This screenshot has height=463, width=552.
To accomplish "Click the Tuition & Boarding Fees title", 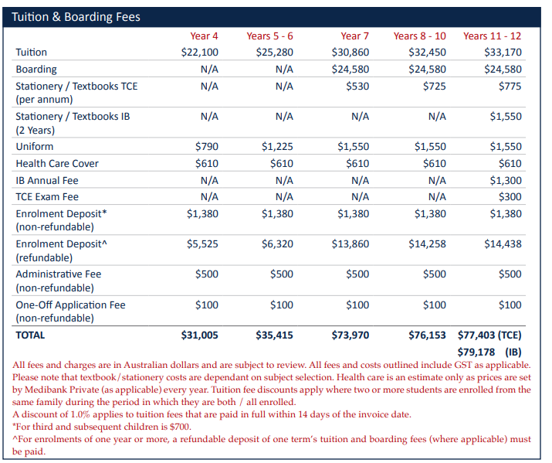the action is click(x=76, y=17).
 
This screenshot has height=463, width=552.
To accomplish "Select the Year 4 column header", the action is click(x=204, y=36).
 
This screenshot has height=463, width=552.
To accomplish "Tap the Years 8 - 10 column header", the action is click(x=420, y=36).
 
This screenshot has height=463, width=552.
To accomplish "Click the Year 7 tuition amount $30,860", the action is click(x=351, y=52).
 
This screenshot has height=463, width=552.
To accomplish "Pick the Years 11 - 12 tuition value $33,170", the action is click(x=503, y=52).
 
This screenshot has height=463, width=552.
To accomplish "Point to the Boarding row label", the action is click(x=36, y=70).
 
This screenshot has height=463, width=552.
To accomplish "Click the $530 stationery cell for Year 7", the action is click(x=357, y=87).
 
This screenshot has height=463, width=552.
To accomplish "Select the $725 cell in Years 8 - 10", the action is click(x=435, y=87).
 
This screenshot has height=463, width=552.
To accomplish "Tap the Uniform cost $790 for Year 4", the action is click(x=207, y=147).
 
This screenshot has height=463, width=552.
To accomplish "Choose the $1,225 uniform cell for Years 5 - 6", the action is click(x=277, y=147).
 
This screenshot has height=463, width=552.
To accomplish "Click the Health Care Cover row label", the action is click(x=57, y=164).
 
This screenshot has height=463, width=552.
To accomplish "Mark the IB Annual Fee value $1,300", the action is click(x=506, y=180).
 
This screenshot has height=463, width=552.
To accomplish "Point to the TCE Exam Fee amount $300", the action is click(x=510, y=196).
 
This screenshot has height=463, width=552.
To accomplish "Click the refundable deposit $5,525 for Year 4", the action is click(x=202, y=243).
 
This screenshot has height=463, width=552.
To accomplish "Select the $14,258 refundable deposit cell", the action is click(x=428, y=243).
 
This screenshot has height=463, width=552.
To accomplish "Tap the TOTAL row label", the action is click(x=30, y=335).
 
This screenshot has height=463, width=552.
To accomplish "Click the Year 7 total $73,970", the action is click(x=351, y=335).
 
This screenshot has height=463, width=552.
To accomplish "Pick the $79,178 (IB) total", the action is click(x=489, y=352).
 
